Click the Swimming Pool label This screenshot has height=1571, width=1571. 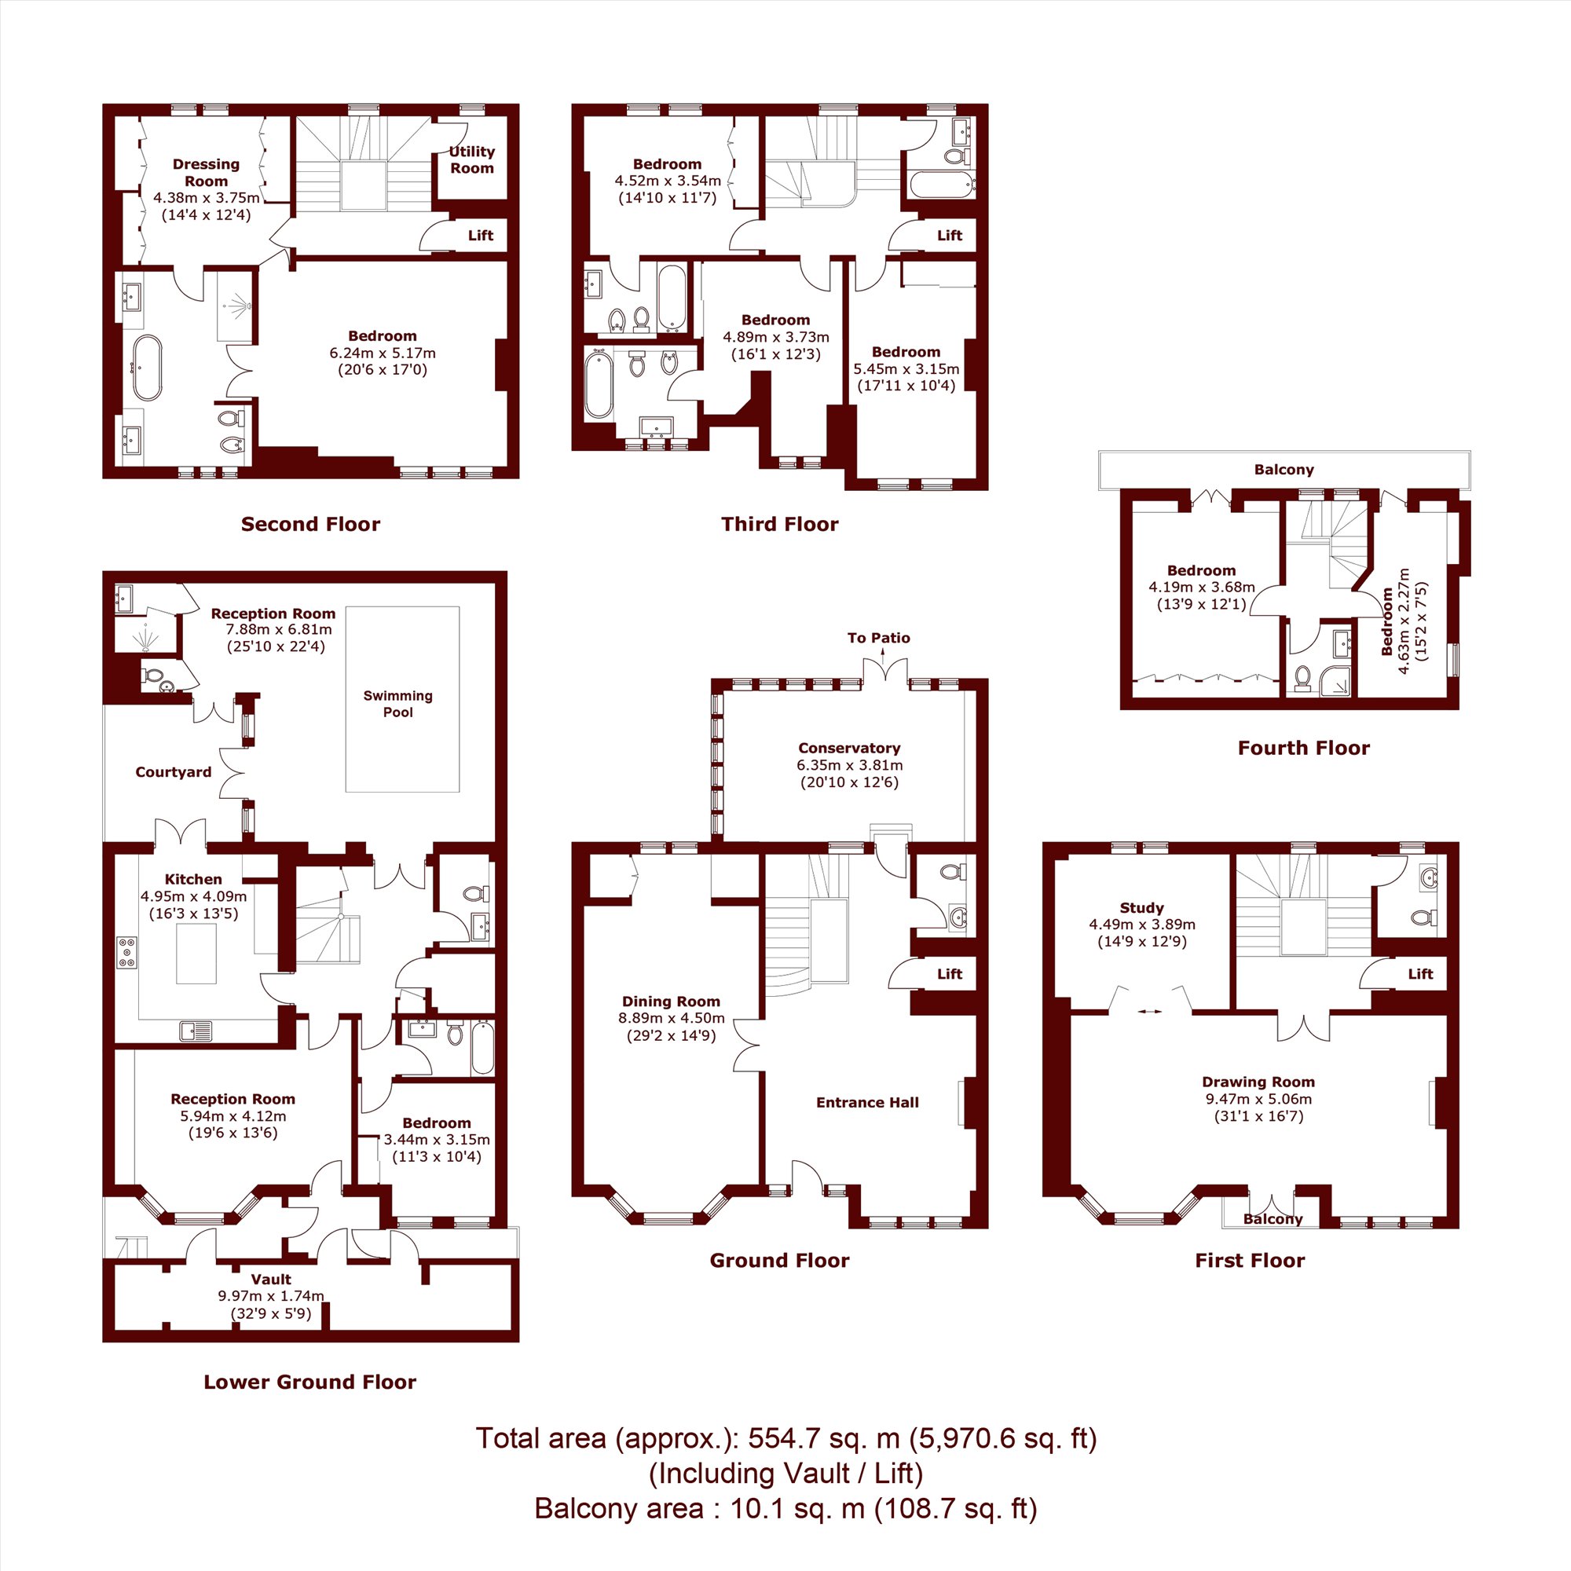point(397,704)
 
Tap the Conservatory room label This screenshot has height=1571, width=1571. point(849,748)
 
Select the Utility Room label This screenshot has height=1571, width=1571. point(471,159)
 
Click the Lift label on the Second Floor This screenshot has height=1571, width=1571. point(481,235)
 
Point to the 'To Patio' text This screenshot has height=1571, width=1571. point(878,638)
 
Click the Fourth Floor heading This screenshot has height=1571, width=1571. point(1303,748)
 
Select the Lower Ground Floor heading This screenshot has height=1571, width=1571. point(309,1382)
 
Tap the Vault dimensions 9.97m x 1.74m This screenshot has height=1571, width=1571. point(271,1295)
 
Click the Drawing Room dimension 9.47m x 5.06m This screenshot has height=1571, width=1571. point(1258,1099)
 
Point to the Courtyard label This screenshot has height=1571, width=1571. point(173,772)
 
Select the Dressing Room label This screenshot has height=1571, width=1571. point(206,172)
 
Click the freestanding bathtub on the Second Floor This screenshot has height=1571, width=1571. point(147,368)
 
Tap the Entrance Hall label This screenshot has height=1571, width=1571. point(868,1103)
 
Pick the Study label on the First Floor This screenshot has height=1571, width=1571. point(1141,907)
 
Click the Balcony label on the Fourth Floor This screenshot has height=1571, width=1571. point(1284,469)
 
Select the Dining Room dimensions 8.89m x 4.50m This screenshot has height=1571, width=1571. point(671,1018)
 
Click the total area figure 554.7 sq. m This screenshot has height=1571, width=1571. point(824,1438)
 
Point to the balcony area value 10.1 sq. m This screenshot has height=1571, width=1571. point(796,1508)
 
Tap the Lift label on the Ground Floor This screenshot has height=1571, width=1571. point(950,973)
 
